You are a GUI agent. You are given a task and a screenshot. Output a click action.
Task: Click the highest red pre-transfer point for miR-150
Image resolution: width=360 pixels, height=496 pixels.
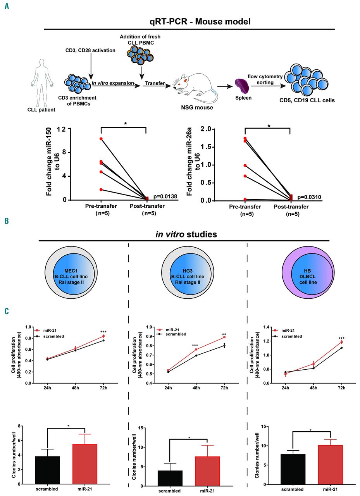point(101,139)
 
